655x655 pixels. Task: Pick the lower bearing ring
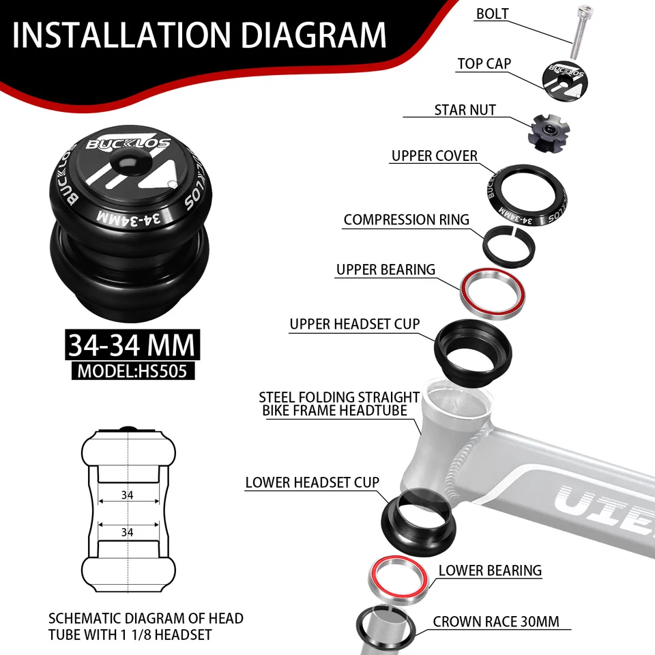click(400, 579)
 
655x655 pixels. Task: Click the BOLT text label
click(492, 14)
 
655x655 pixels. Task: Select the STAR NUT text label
click(465, 110)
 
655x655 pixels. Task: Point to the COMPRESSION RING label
click(406, 220)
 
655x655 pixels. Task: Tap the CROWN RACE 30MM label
click(496, 622)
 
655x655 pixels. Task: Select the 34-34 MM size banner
click(131, 345)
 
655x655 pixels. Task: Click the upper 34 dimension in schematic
click(128, 495)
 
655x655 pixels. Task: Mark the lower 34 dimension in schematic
click(128, 531)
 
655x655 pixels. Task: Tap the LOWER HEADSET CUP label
click(312, 483)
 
